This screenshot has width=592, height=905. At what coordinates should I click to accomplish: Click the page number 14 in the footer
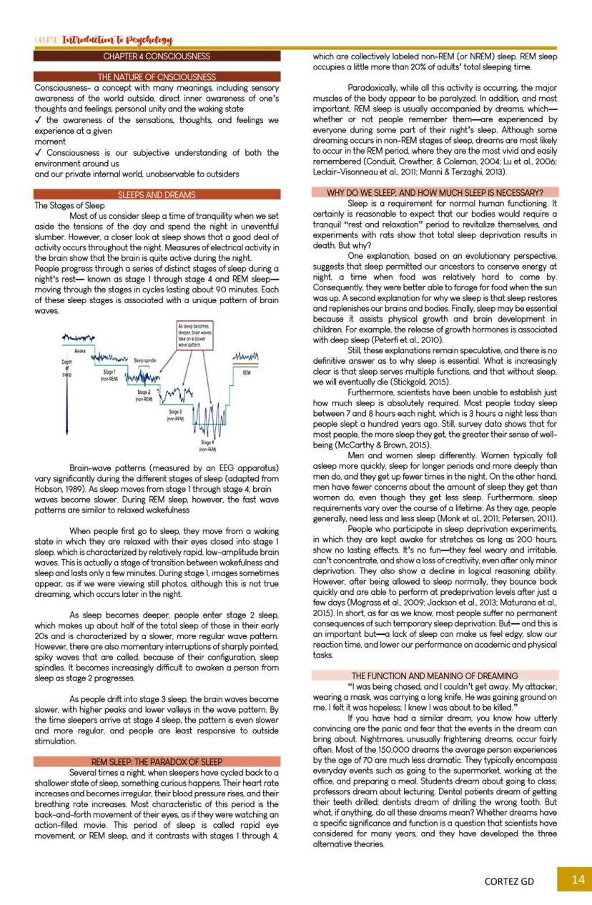578,880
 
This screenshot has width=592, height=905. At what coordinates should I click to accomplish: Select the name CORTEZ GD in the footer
509,881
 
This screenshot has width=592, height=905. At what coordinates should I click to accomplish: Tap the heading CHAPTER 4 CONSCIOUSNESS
157,56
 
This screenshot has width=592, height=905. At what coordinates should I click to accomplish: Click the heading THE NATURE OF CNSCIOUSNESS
157,76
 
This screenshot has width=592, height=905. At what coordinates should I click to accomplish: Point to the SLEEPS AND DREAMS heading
157,194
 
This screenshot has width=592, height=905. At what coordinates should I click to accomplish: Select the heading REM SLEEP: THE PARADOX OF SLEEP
157,762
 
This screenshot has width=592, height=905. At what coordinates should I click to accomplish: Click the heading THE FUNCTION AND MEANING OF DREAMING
435,676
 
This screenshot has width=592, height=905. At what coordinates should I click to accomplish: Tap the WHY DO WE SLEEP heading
435,192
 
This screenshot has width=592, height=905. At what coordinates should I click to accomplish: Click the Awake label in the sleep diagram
80,352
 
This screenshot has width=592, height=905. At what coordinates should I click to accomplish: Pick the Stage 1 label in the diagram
109,375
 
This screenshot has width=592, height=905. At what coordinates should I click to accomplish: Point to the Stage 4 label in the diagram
207,447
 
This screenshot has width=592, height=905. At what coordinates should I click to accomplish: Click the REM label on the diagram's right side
246,372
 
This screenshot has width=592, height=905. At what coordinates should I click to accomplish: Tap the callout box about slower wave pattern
193,335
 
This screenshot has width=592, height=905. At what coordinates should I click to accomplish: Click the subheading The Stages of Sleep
69,205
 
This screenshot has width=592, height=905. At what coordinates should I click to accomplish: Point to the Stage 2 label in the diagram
144,395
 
